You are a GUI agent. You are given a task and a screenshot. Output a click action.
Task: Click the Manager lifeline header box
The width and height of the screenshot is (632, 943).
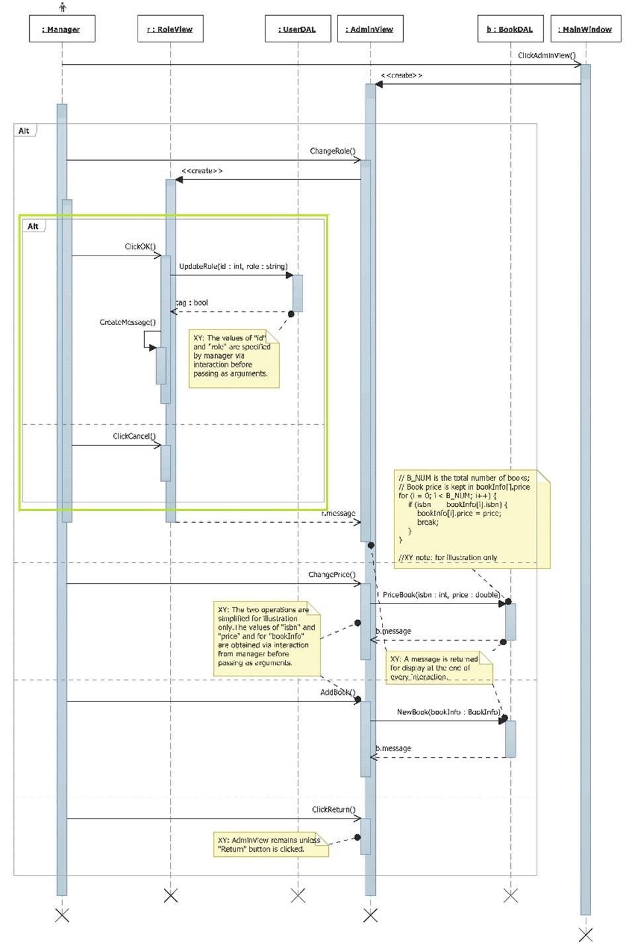62,29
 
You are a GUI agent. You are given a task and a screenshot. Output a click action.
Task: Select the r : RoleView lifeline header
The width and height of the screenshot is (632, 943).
170,29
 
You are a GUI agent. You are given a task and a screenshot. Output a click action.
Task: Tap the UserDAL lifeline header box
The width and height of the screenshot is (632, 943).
297,29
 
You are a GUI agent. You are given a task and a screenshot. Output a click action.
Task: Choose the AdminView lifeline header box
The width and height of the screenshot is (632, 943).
370,29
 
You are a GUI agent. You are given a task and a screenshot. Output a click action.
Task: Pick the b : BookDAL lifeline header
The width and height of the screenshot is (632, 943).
510,29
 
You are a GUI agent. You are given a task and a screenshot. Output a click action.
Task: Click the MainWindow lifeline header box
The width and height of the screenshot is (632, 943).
585,29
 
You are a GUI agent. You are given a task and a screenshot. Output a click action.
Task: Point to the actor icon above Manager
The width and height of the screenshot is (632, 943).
62,7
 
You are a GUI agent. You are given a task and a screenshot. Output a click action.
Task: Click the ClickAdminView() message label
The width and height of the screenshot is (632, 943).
547,56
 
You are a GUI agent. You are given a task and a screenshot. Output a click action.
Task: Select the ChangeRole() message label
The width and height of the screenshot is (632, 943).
332,151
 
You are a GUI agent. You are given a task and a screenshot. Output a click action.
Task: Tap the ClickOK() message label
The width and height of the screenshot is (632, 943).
140,246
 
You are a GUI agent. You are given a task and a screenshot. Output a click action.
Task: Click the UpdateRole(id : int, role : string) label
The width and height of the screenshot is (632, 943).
233,266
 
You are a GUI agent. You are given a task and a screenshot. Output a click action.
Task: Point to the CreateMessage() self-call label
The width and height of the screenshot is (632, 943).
128,322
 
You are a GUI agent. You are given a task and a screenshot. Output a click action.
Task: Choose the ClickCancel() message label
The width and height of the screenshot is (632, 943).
134,436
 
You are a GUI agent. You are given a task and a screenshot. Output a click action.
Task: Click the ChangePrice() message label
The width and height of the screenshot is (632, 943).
332,574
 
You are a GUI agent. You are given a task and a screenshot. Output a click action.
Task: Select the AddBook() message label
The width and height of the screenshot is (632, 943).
338,692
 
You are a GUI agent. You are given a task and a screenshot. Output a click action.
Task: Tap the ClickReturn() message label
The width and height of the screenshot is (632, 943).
334,809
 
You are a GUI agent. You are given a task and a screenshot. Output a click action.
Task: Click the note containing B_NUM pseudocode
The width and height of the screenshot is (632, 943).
472,517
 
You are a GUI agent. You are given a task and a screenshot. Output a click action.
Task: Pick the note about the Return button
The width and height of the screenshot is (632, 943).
270,844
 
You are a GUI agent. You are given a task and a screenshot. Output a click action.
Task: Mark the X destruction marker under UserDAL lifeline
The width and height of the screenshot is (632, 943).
298,895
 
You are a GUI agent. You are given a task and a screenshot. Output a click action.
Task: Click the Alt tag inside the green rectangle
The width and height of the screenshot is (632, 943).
33,226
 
